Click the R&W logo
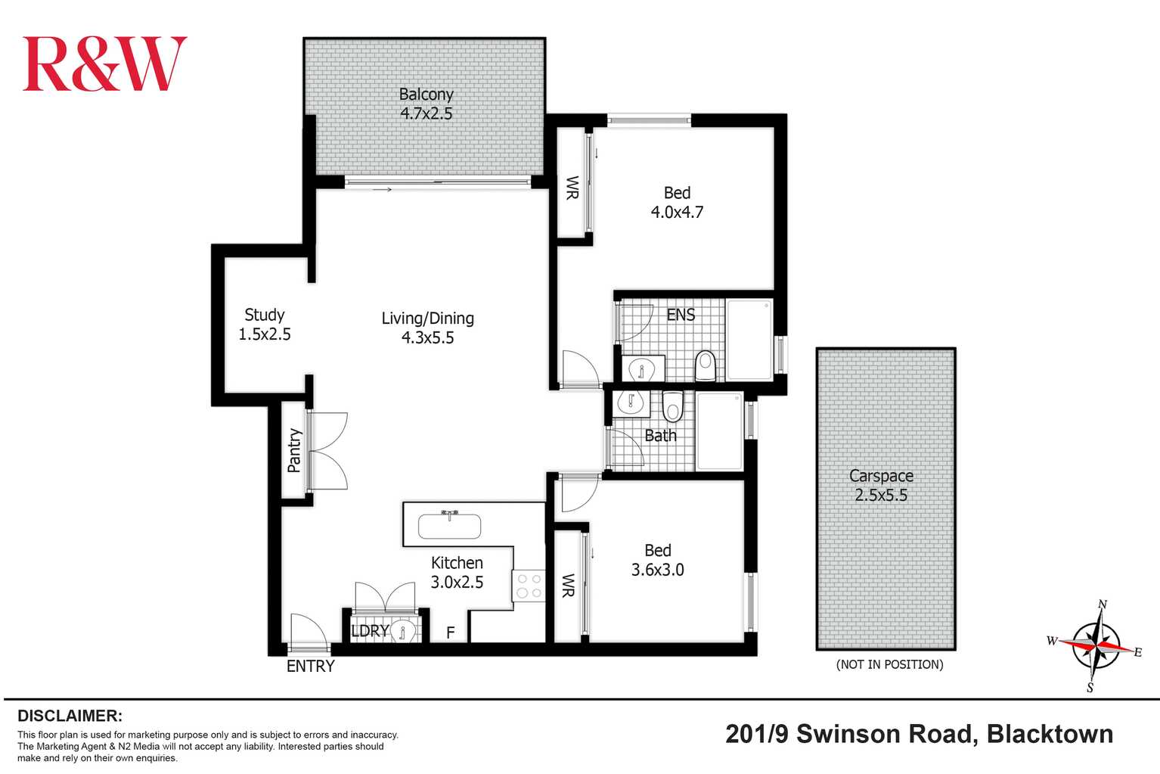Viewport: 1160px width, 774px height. click(104, 64)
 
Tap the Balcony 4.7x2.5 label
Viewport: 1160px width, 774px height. click(426, 104)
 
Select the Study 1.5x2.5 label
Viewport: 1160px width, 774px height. click(264, 325)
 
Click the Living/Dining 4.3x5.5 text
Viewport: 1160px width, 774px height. click(427, 328)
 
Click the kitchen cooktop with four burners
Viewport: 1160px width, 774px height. click(529, 586)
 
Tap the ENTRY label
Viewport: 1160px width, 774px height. click(310, 666)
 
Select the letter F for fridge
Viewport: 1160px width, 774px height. click(450, 633)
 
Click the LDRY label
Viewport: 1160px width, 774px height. click(370, 630)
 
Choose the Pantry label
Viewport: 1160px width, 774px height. click(294, 450)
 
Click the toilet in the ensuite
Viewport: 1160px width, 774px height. click(705, 365)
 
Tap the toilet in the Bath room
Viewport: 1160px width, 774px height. click(672, 406)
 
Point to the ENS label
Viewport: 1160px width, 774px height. click(681, 315)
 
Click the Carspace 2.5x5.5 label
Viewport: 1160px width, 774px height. click(881, 486)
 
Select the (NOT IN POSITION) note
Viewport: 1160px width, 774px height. click(889, 664)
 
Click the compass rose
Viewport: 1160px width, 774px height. click(1096, 645)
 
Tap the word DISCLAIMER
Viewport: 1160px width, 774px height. click(70, 716)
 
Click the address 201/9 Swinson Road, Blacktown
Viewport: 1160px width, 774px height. click(919, 734)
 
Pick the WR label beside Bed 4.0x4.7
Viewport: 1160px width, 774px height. click(572, 188)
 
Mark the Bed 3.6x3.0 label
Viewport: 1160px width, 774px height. click(657, 560)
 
